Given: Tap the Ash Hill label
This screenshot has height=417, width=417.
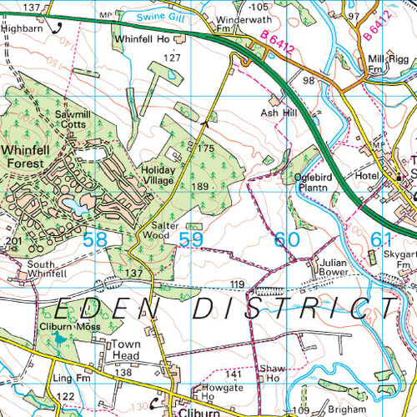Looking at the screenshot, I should [x=277, y=112].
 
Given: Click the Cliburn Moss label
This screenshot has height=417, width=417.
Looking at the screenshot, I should [x=69, y=326].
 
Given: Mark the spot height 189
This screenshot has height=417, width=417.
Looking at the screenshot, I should [x=199, y=186].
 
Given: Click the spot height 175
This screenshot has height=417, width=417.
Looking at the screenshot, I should [x=206, y=148].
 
